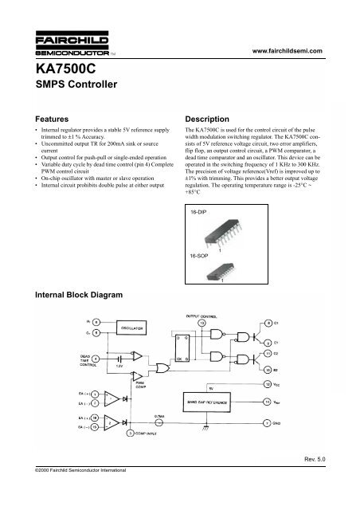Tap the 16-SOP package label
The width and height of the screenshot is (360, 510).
tap(200, 257)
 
